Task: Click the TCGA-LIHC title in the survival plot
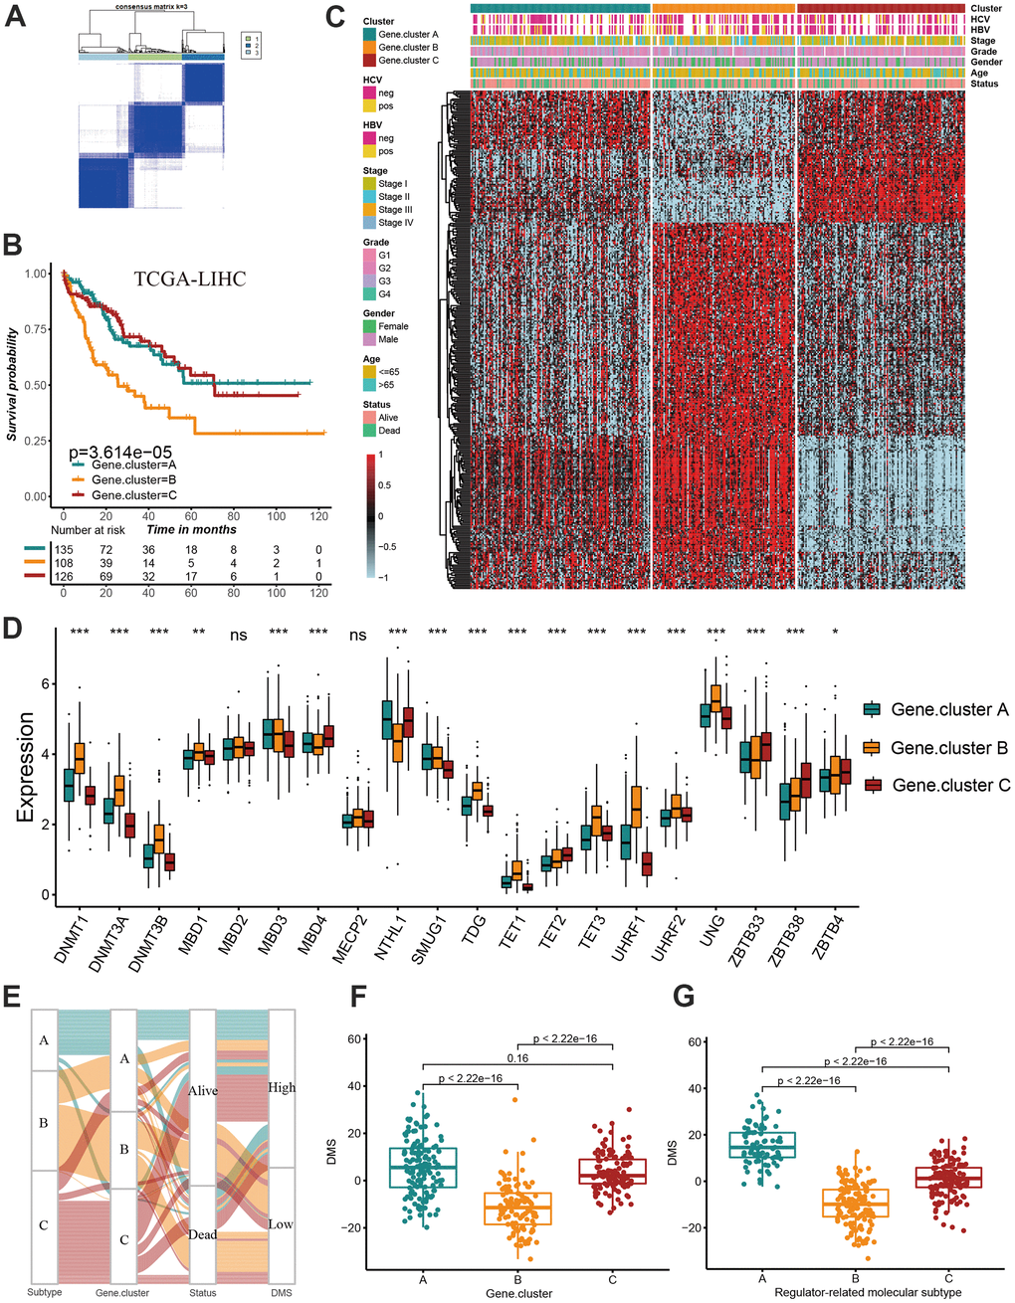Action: tap(190, 279)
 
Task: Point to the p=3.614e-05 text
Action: tap(120, 454)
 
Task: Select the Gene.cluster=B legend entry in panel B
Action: tap(133, 479)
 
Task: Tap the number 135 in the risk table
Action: tap(63, 549)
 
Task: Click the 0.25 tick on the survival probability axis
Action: tap(37, 441)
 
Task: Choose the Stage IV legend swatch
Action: tap(369, 223)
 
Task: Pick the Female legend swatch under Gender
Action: tap(369, 326)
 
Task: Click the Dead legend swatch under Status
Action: tap(369, 431)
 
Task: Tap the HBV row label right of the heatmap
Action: tap(980, 30)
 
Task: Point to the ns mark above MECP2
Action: tap(357, 635)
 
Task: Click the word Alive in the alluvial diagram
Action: tap(203, 1091)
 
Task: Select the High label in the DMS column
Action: tap(282, 1087)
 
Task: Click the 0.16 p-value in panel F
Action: tap(517, 1058)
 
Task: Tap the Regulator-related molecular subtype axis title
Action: tap(855, 1292)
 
